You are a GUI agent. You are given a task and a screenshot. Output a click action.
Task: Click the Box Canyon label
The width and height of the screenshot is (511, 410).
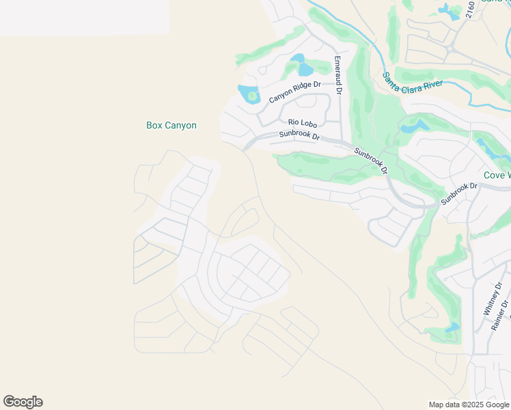click(171, 125)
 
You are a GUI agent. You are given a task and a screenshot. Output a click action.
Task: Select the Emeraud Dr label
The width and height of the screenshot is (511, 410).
click(337, 75)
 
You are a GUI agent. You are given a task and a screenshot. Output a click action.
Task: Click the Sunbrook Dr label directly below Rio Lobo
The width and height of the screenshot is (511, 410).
click(299, 135)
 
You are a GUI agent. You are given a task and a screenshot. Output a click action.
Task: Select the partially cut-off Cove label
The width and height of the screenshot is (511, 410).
click(497, 176)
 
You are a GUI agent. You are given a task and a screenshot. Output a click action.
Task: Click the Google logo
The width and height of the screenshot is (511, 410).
click(23, 402)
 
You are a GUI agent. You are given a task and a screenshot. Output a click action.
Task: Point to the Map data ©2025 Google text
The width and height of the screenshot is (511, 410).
click(469, 405)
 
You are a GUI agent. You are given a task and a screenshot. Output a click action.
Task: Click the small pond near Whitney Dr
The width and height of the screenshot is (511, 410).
click(452, 329)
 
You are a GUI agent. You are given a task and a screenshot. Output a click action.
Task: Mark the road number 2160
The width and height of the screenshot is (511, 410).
click(469, 10)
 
